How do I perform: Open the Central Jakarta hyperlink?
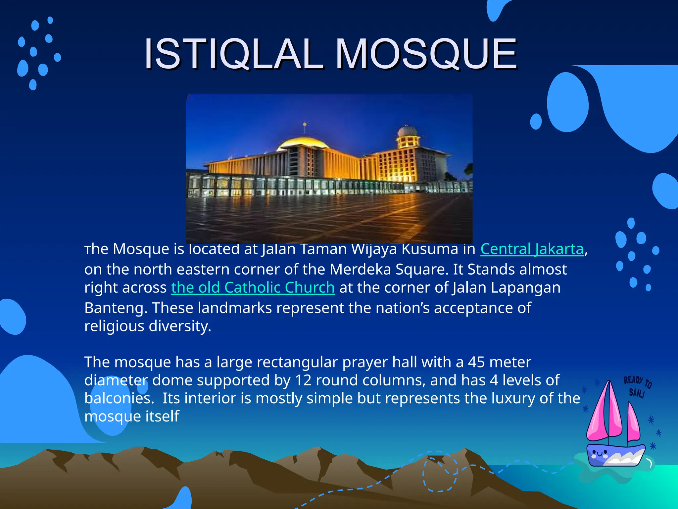point(532,249)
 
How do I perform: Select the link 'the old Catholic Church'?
point(253,288)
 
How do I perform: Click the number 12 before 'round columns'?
point(303,380)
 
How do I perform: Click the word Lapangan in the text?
point(525,288)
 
